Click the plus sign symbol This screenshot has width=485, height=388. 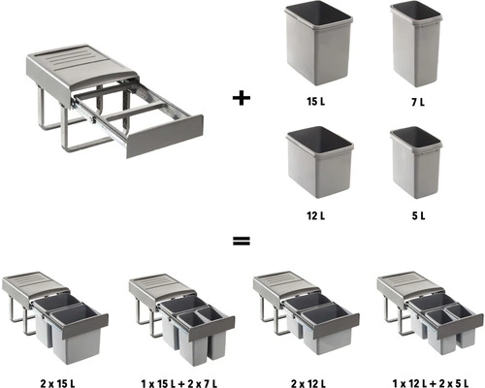[240, 97]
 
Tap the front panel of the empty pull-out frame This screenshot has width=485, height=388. [165, 135]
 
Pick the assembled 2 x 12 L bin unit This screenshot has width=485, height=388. [306, 311]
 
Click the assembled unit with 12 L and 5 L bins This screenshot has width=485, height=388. [429, 312]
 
